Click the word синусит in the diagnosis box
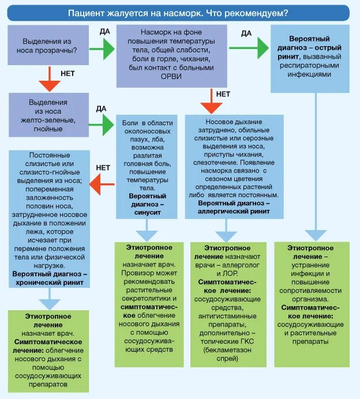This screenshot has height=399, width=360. pyautogui.click(x=147, y=212)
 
